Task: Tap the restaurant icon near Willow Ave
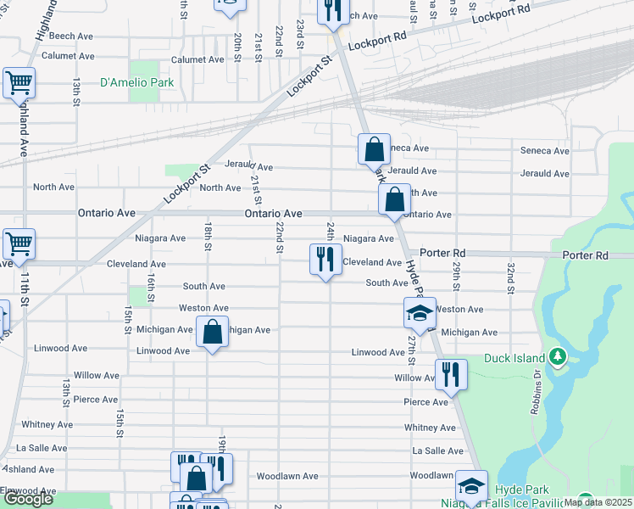(451, 374)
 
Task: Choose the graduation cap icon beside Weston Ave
(419, 314)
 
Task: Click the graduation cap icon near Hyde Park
(471, 486)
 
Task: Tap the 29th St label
(456, 273)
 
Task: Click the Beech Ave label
(71, 36)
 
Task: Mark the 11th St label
(25, 289)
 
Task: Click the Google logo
(28, 499)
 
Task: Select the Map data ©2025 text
(598, 502)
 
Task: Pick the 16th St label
(151, 287)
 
